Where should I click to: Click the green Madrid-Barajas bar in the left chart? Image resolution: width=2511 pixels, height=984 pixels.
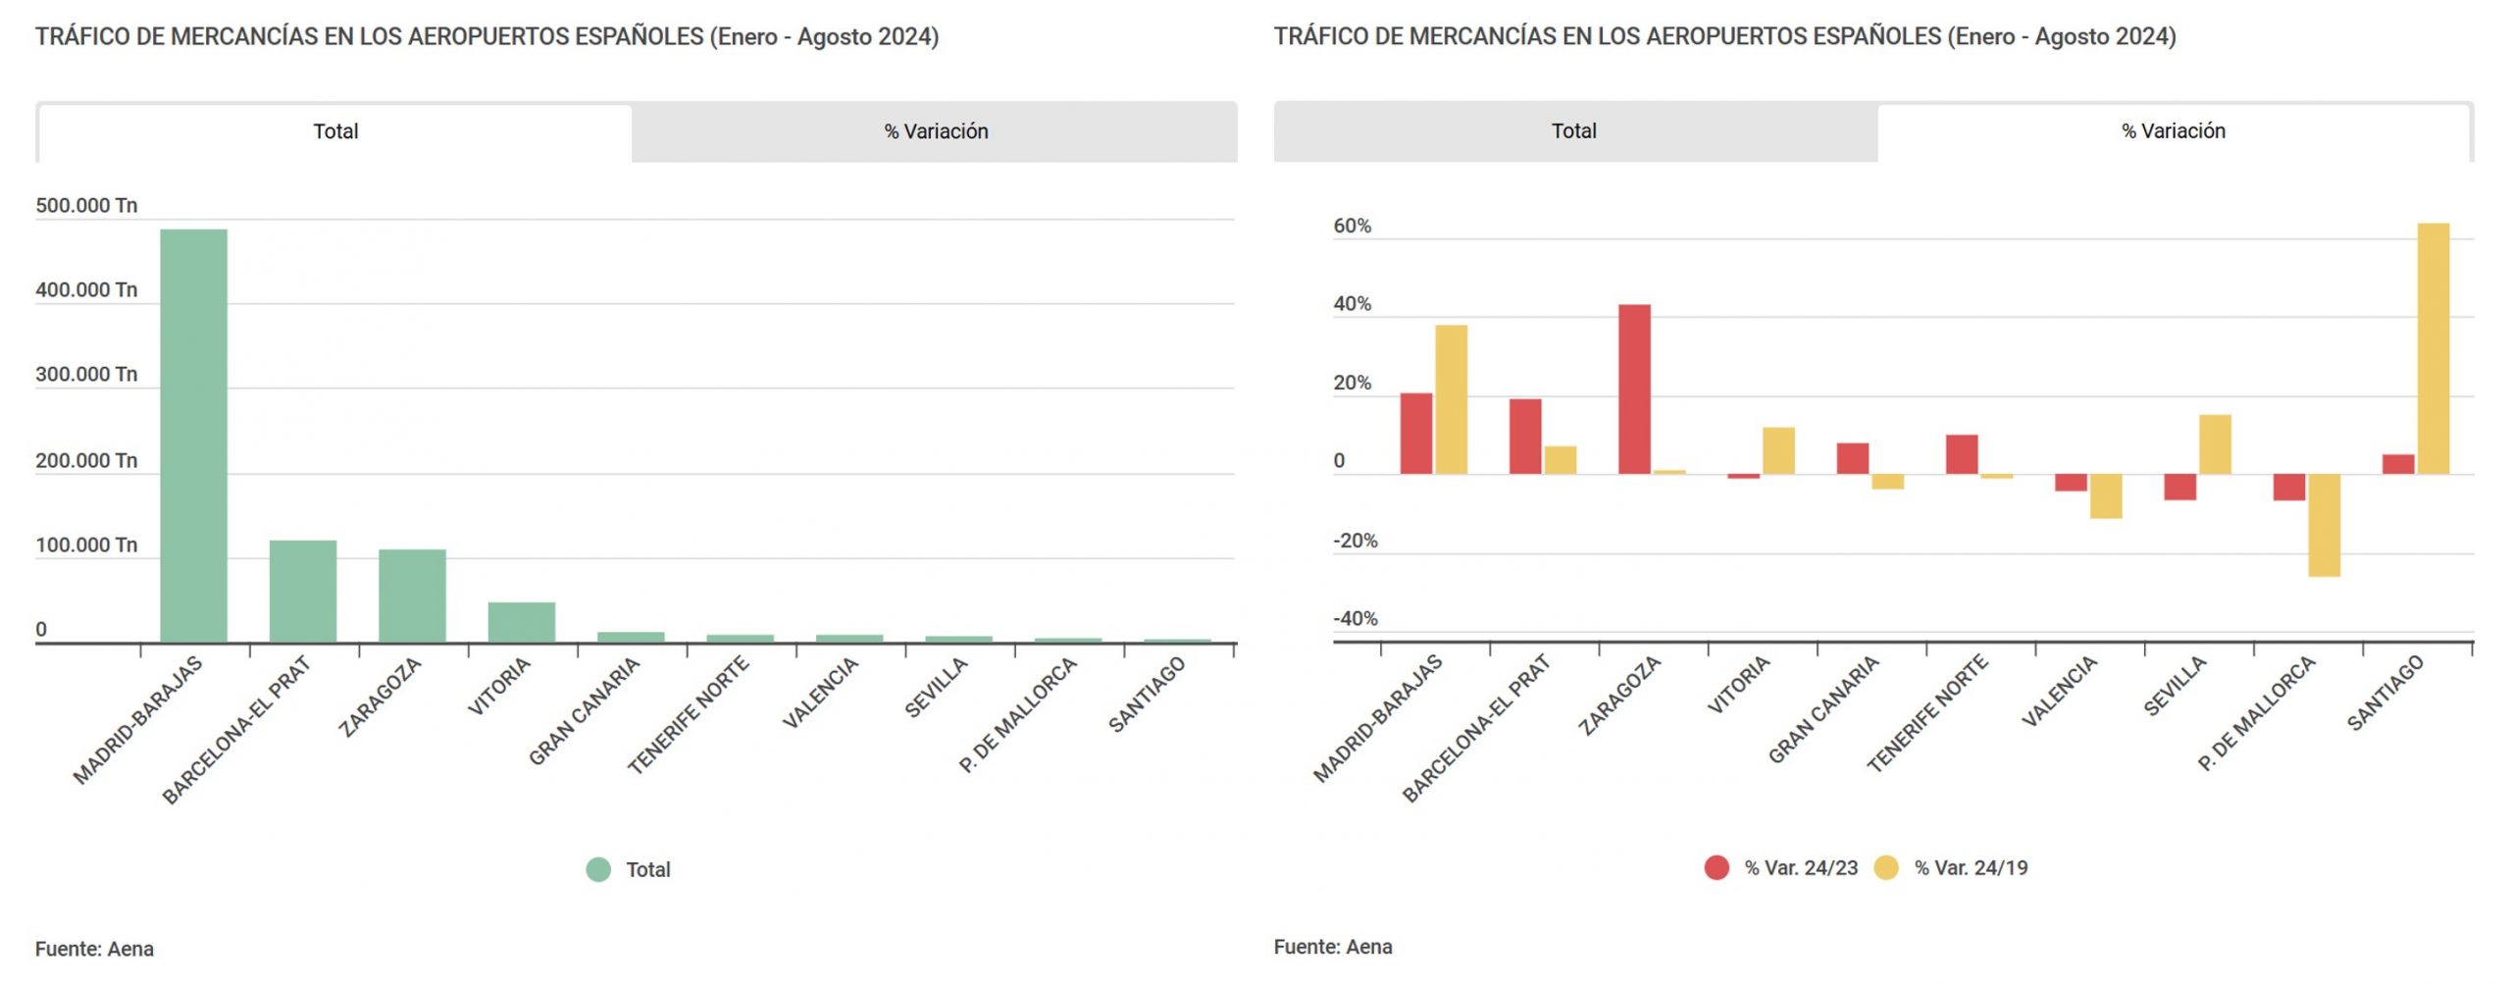(193, 436)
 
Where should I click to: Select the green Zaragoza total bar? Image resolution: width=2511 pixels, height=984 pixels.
(412, 596)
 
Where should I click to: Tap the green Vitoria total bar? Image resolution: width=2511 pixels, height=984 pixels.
(521, 622)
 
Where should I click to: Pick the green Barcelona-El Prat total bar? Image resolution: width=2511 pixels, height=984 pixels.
(302, 591)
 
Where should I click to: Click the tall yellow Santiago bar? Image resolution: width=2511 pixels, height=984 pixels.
(2432, 348)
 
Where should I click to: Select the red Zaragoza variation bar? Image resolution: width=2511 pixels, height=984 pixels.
(1633, 389)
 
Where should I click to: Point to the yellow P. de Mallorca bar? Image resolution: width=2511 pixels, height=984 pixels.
(2323, 525)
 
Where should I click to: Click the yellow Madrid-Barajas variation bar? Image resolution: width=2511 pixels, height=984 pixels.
(1451, 399)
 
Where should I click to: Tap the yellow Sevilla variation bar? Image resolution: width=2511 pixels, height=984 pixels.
(2214, 444)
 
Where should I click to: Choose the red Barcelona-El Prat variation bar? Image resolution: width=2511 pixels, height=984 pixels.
(1524, 437)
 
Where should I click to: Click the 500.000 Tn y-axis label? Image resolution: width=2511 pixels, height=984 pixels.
(86, 206)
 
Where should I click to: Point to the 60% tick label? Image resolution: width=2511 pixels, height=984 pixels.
(1352, 227)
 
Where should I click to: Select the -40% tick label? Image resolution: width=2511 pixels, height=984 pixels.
(1355, 619)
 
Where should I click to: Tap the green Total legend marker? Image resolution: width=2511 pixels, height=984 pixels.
(598, 869)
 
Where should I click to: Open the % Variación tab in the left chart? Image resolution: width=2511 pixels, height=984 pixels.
(935, 131)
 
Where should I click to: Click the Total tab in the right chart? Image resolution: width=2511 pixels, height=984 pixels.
(1573, 131)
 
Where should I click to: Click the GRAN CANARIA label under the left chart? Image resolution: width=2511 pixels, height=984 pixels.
(585, 711)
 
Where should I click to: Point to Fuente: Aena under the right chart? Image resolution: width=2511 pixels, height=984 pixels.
(1332, 947)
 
